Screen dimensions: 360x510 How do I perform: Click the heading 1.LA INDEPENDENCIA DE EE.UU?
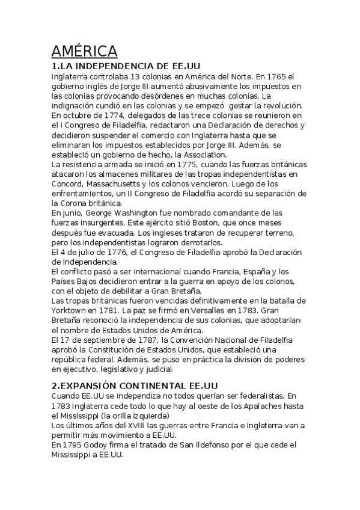[126, 65]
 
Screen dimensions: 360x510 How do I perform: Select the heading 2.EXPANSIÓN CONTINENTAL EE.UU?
[134, 385]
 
